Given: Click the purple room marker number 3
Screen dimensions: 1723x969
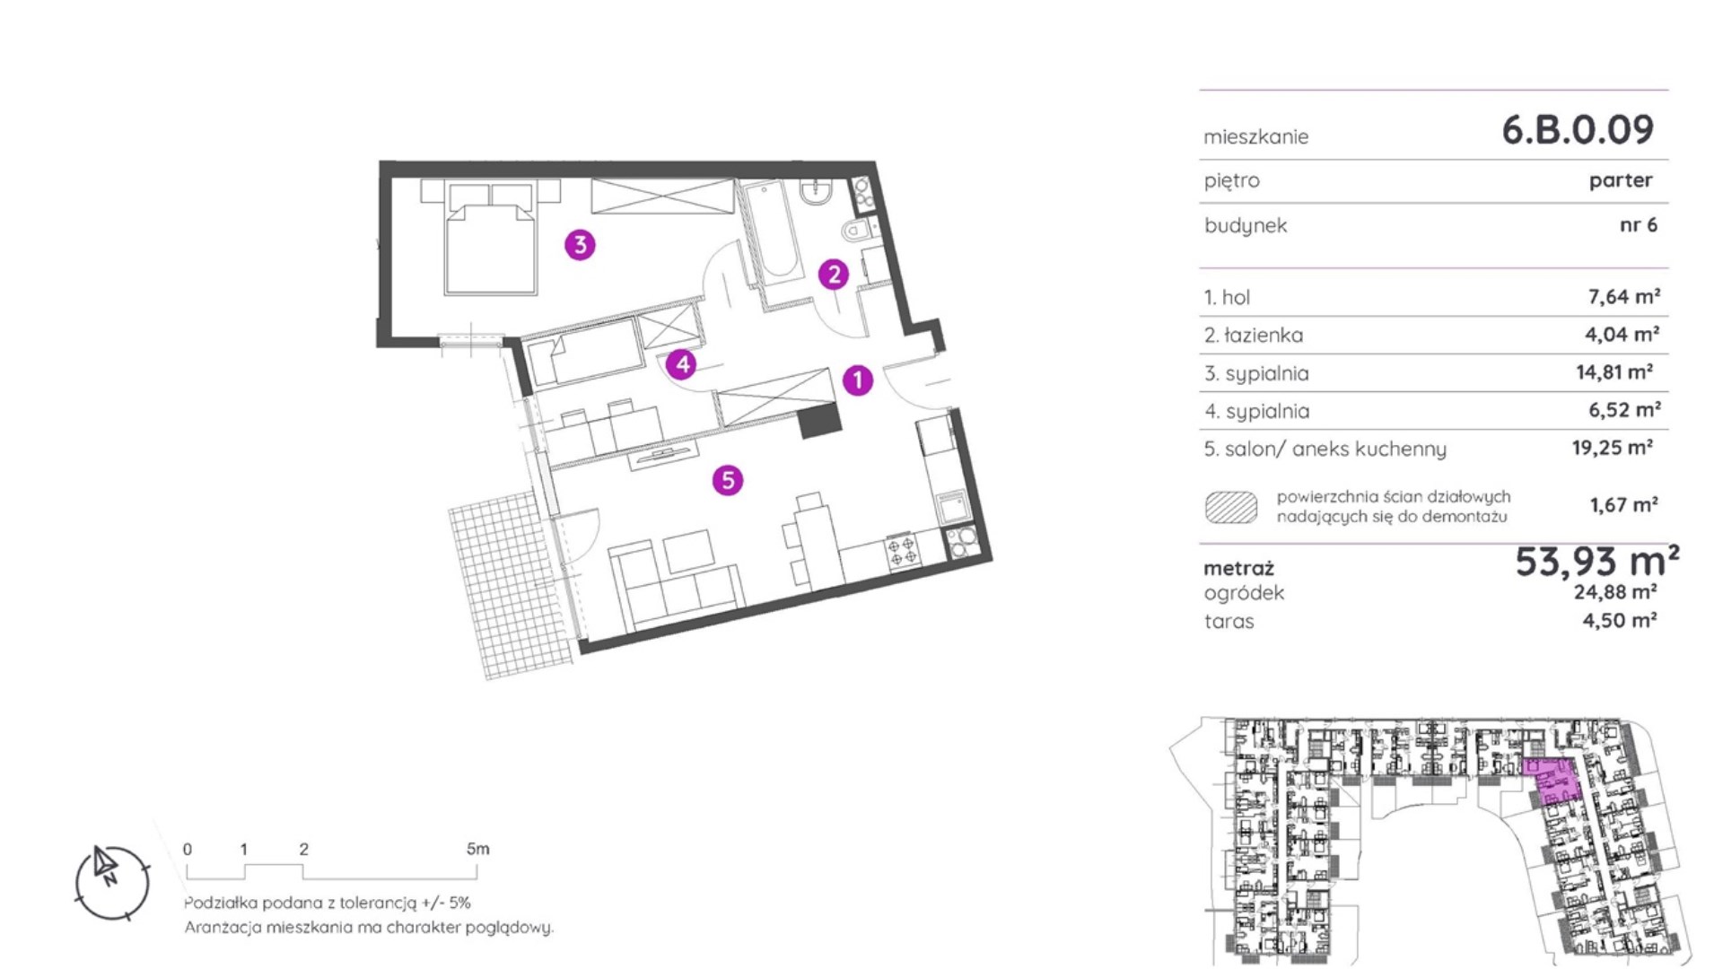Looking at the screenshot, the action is (x=580, y=244).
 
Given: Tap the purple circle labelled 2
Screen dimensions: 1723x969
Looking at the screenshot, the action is (x=834, y=274).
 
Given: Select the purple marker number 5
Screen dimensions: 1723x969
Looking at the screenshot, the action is (x=728, y=480).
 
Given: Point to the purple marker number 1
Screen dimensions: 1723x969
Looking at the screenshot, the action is (x=858, y=380).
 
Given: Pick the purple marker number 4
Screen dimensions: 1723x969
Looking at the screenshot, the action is (x=682, y=364).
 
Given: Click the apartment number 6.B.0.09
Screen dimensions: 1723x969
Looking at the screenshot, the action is (x=1578, y=130).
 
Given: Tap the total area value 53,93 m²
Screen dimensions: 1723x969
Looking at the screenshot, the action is (x=1597, y=562).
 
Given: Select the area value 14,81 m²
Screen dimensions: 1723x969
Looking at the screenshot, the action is (x=1615, y=371).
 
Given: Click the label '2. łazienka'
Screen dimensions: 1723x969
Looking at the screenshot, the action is (x=1254, y=335).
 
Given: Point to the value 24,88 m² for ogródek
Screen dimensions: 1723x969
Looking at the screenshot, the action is (x=1615, y=592).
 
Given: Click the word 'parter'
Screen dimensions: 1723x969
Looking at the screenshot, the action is (x=1621, y=180).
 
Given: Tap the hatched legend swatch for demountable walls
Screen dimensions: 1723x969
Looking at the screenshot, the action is (x=1230, y=507).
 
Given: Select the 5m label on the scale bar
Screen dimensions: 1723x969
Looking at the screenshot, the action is (x=478, y=849).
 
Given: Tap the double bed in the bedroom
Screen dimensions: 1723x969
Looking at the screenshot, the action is (x=491, y=238).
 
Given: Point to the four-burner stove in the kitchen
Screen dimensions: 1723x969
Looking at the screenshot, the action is (x=902, y=551).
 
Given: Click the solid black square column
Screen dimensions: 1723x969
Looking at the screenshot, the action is (x=819, y=419).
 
